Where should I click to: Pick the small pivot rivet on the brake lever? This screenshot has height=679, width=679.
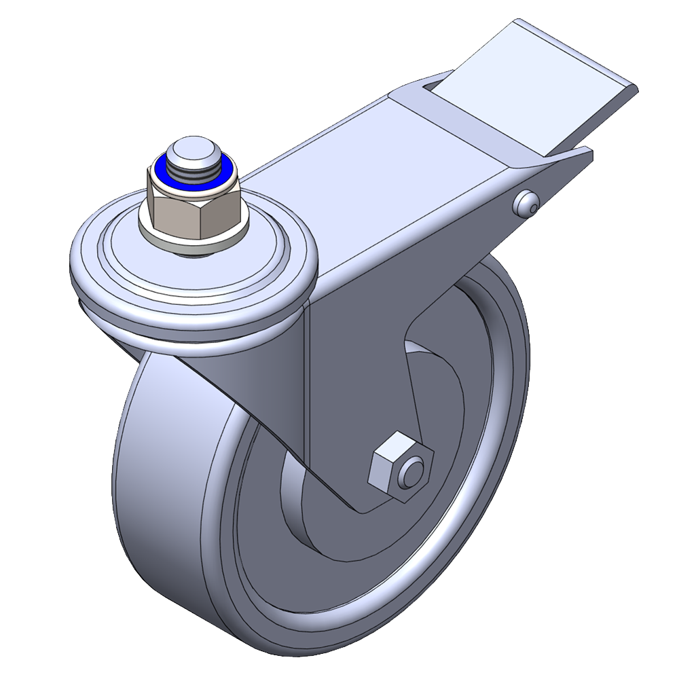pos(527,202)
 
